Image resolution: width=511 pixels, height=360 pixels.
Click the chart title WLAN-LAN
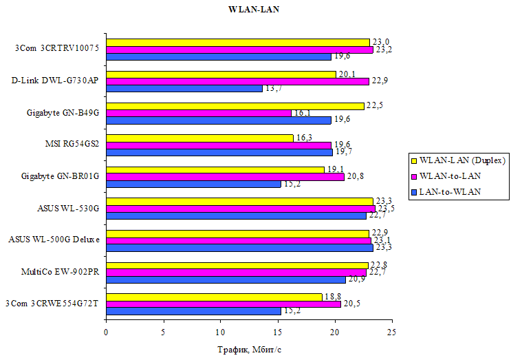click(x=254, y=10)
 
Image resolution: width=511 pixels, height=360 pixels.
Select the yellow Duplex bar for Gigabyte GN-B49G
click(x=235, y=105)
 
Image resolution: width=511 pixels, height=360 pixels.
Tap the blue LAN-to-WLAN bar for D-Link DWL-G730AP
click(x=184, y=88)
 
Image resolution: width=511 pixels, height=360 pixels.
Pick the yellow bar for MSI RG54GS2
click(x=199, y=137)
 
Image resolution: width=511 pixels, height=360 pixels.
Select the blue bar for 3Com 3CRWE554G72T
click(x=193, y=310)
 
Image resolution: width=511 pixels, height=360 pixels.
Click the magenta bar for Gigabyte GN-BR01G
click(x=225, y=176)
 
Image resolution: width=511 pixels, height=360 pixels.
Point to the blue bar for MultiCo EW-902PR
click(x=226, y=279)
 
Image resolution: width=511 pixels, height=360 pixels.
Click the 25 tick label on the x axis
click(x=391, y=332)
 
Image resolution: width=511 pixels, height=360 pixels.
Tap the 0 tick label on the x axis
click(x=106, y=332)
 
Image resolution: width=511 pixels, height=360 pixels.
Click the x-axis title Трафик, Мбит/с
click(x=250, y=350)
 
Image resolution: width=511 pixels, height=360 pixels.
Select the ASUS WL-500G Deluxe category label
click(x=54, y=240)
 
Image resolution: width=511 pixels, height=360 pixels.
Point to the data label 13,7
click(x=274, y=89)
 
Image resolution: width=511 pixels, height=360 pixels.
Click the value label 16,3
click(x=305, y=138)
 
